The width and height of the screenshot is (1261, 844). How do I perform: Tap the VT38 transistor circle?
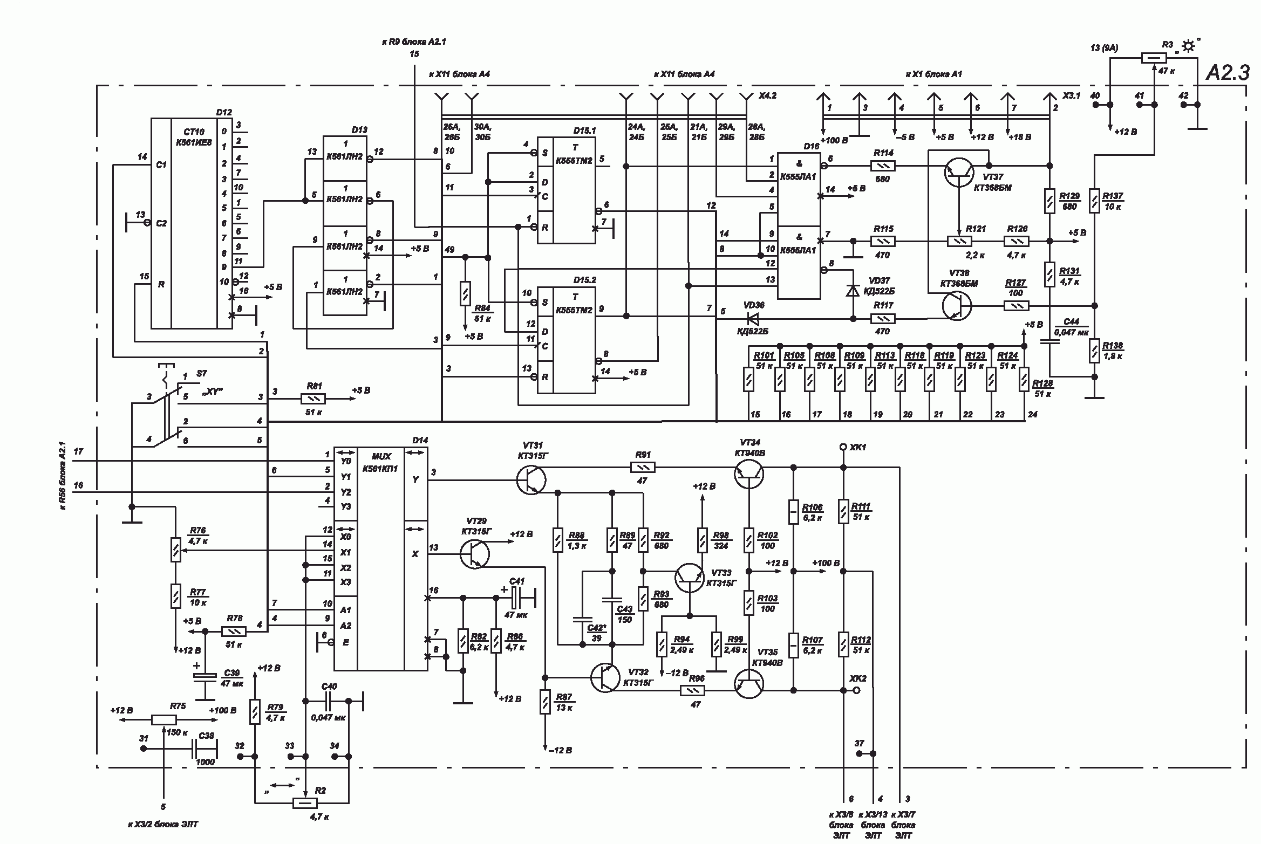(957, 306)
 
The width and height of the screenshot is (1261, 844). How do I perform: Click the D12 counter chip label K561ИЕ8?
(194, 142)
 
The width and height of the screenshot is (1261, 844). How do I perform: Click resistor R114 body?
(883, 166)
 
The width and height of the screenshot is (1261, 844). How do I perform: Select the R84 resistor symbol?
(465, 293)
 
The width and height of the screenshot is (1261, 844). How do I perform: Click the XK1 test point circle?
(843, 447)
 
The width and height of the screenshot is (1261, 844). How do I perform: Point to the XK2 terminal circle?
(856, 690)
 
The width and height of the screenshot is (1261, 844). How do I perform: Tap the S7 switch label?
(201, 373)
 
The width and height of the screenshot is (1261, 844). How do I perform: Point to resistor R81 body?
(313, 399)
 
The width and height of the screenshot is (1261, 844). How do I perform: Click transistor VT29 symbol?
(475, 553)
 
